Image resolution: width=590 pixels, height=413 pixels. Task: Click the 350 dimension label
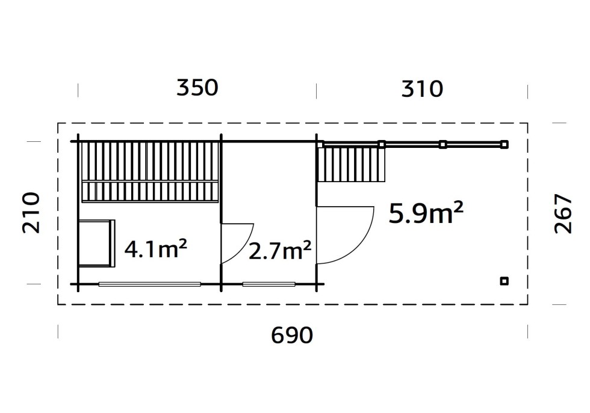197,88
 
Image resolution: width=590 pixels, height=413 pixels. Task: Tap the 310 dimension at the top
422,89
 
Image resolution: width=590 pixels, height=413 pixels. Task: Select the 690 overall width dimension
292,335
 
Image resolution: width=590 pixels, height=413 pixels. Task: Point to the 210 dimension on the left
31,213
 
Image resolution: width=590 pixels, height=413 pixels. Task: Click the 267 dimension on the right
564,213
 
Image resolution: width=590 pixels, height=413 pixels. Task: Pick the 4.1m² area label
155,249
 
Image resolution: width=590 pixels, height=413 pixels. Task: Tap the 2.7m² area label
280,251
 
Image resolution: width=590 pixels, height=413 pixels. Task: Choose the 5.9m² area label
426,213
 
